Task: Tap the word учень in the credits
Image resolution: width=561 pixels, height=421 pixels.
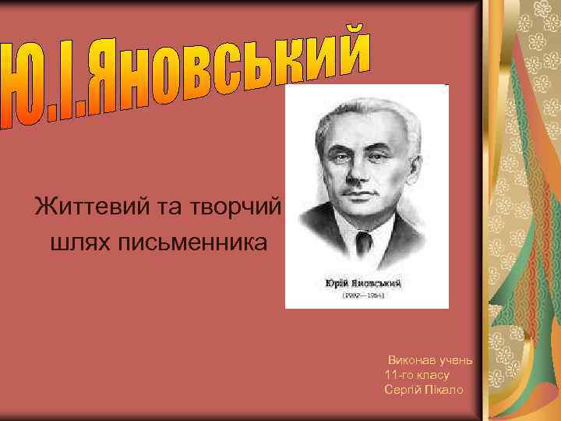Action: (453, 360)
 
